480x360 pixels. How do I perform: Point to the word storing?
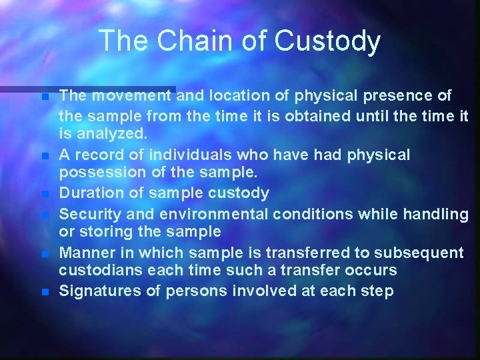[101, 232]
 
